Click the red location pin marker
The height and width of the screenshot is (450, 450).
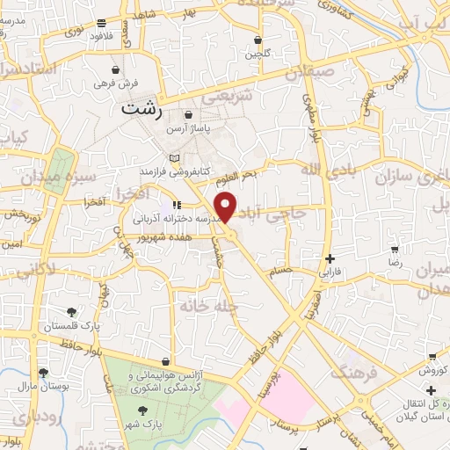tap(227, 207)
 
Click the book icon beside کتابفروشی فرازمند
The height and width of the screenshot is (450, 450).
tap(174, 157)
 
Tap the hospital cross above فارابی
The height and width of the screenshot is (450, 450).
tap(330, 258)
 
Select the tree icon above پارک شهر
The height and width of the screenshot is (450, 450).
tap(143, 410)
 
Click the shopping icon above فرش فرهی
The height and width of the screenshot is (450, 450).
tap(117, 69)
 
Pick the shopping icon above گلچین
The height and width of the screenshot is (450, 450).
tap(257, 40)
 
